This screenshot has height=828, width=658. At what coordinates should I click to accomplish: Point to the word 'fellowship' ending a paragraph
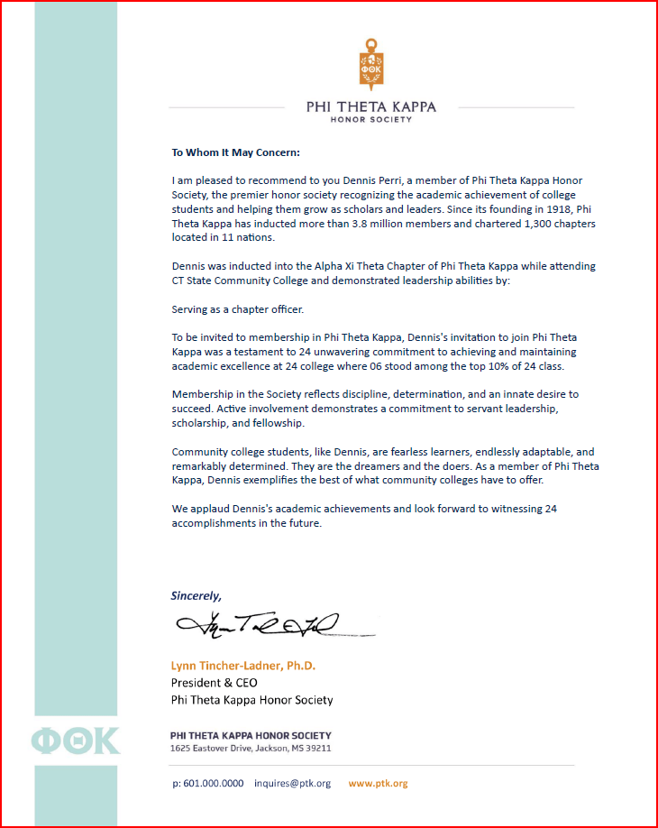[279, 422]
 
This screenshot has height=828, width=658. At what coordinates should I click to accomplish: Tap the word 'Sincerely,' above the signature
[196, 596]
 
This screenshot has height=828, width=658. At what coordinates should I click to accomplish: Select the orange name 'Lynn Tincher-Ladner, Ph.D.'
[243, 666]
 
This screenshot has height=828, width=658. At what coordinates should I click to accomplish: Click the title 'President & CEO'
[215, 683]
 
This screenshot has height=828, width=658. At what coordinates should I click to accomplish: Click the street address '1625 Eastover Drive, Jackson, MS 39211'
[251, 749]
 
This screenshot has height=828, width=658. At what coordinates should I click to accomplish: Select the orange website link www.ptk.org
[379, 783]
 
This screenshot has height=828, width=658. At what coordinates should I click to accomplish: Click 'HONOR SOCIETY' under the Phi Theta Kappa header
[370, 119]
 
